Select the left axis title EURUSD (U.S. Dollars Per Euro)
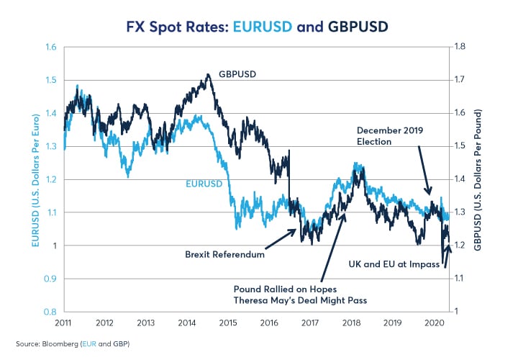point(35,179)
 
